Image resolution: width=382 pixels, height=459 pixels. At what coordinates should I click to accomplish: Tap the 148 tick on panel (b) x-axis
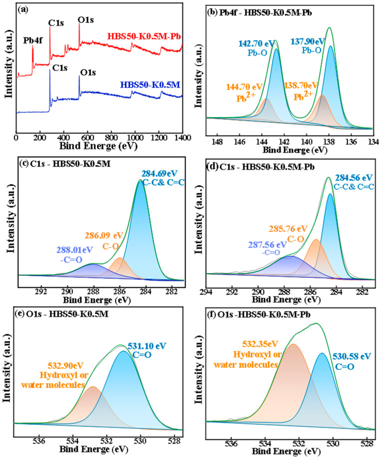[x=217, y=141]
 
